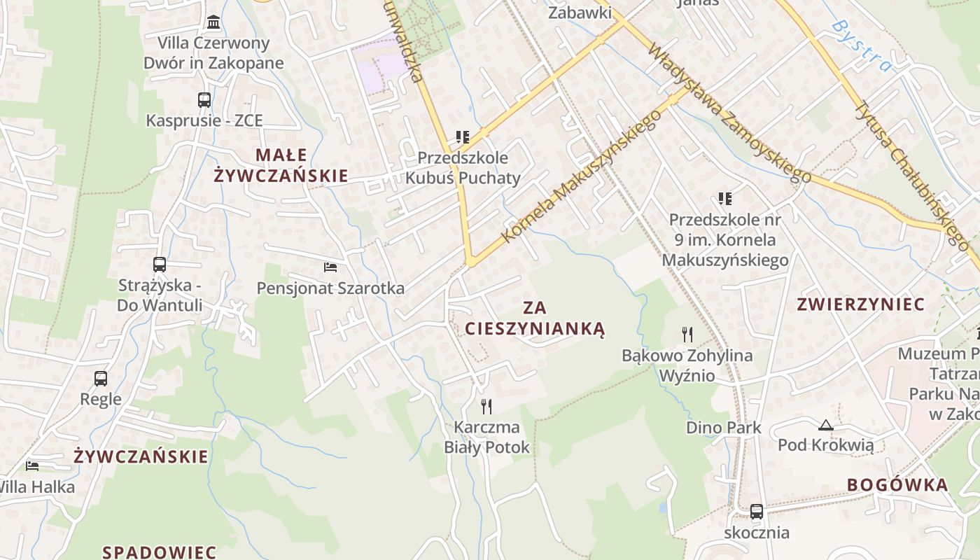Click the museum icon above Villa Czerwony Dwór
(213, 22)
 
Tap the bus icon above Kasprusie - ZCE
(204, 100)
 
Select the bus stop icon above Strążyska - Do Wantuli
(160, 265)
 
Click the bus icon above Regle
(101, 379)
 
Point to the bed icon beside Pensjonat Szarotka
(330, 267)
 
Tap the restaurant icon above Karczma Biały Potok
(486, 406)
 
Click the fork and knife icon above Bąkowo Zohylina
(687, 335)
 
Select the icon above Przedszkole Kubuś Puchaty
(462, 136)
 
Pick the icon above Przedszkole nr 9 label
(724, 199)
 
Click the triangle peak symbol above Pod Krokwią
(826, 425)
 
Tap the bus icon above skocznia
(756, 512)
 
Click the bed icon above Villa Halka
(32, 465)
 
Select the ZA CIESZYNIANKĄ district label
(535, 318)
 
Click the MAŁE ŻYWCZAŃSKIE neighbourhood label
(281, 165)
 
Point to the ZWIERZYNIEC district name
(861, 304)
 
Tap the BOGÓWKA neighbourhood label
(897, 485)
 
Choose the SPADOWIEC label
(160, 552)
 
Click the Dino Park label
(724, 427)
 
